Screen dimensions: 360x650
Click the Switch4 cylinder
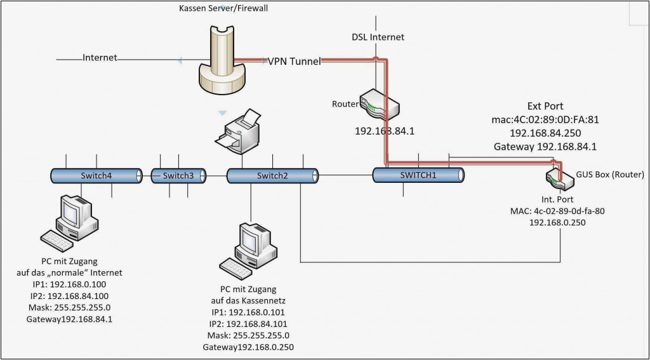pos(96,175)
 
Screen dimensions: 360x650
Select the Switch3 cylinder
pos(178,175)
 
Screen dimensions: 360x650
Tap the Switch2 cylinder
pos(272,176)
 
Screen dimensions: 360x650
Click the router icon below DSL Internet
pos(379,105)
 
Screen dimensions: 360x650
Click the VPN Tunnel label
pos(294,61)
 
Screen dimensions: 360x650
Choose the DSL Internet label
pos(378,37)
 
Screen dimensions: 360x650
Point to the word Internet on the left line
pos(100,58)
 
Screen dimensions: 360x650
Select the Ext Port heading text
pos(545,106)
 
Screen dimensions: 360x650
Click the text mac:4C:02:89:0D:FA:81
pos(545,119)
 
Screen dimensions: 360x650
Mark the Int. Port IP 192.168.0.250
pos(556,223)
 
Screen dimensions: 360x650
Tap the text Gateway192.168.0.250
pos(248,347)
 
